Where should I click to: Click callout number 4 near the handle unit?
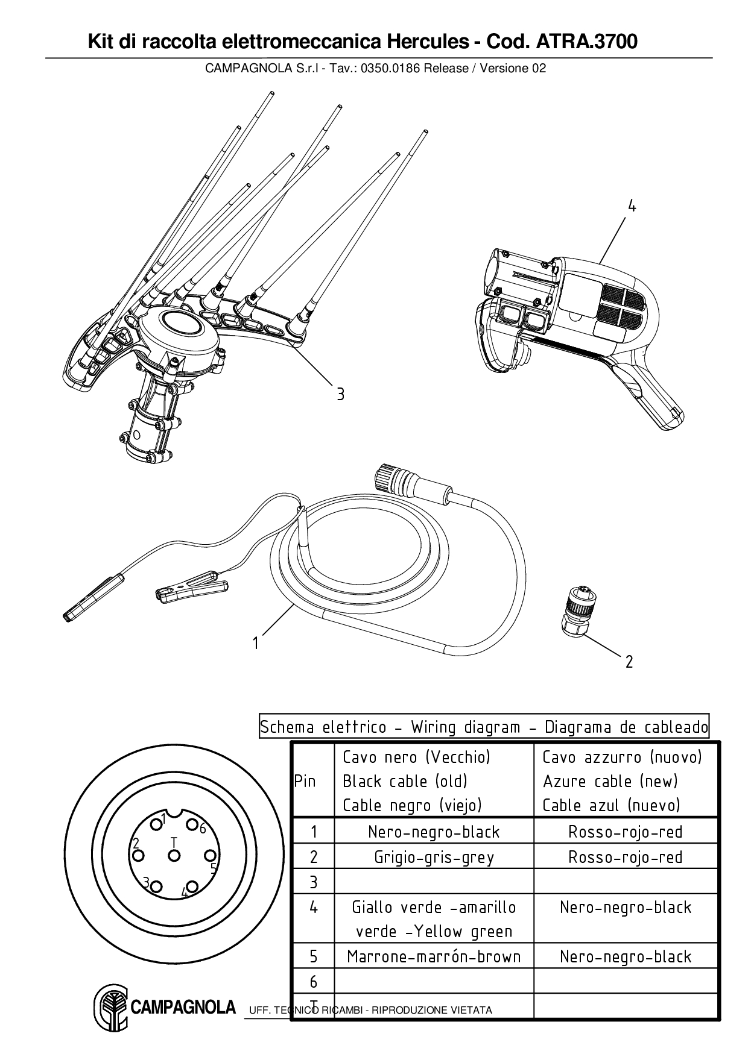(632, 207)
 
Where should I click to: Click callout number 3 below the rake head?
(340, 394)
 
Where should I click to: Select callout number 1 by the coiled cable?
(256, 644)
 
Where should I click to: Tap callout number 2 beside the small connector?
(629, 662)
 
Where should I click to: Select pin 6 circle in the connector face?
(192, 825)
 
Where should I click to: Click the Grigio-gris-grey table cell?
(434, 856)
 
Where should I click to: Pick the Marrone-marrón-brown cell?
(434, 956)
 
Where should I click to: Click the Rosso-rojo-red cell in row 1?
(626, 832)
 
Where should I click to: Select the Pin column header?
(305, 781)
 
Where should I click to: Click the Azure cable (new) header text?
(610, 781)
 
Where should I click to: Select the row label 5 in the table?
(313, 956)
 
